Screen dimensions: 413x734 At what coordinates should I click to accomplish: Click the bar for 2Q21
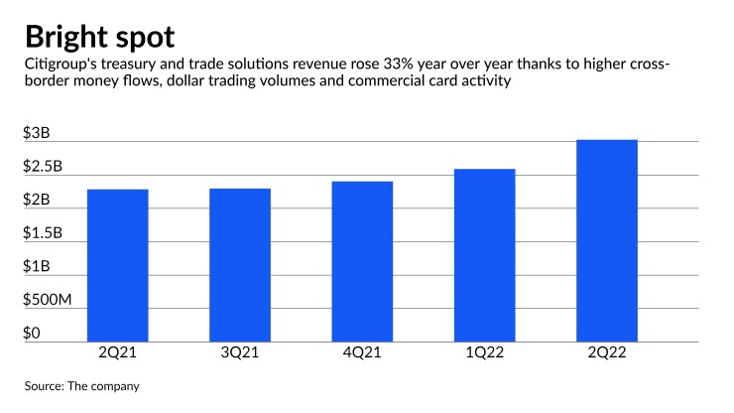click(117, 265)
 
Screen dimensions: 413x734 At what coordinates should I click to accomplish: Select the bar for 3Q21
click(240, 265)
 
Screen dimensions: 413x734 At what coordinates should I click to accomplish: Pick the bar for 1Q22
click(484, 255)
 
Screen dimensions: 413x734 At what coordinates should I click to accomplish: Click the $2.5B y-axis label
click(43, 168)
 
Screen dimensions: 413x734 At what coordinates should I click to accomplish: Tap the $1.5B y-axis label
click(43, 234)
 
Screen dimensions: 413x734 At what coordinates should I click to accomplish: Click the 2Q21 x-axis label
click(117, 353)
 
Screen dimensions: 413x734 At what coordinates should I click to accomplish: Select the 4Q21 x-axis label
click(362, 353)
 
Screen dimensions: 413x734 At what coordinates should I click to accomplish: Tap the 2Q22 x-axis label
click(607, 353)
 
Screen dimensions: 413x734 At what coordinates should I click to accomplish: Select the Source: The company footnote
click(81, 384)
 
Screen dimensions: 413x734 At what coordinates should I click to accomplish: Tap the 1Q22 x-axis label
click(484, 353)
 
